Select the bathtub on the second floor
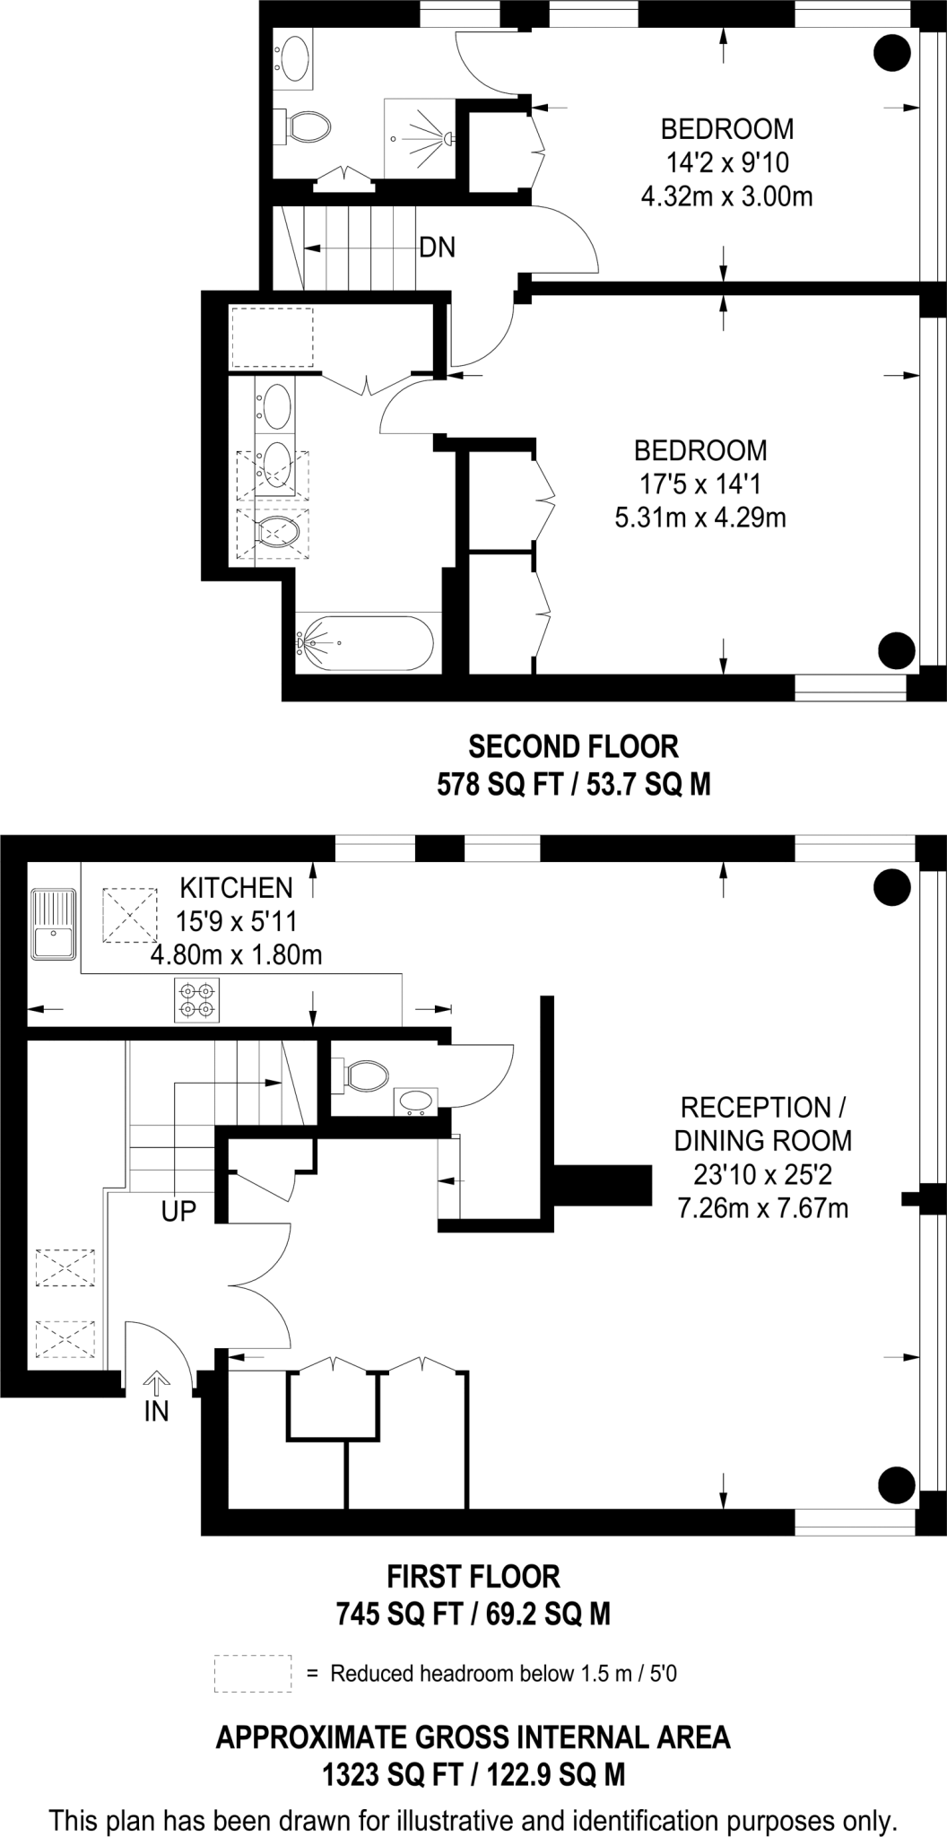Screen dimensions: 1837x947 click(366, 642)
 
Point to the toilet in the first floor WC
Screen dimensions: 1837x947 click(365, 1074)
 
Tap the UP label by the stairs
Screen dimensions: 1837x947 click(178, 1212)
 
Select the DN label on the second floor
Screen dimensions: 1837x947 click(438, 248)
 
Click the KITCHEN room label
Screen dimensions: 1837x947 click(237, 888)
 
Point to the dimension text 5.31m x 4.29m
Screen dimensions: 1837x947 click(700, 518)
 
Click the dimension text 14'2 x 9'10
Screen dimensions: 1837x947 click(726, 162)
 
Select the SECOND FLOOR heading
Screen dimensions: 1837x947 click(574, 746)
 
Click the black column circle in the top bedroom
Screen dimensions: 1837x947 click(892, 54)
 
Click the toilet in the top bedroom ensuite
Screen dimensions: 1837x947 click(306, 126)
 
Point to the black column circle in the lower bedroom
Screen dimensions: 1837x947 click(896, 649)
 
